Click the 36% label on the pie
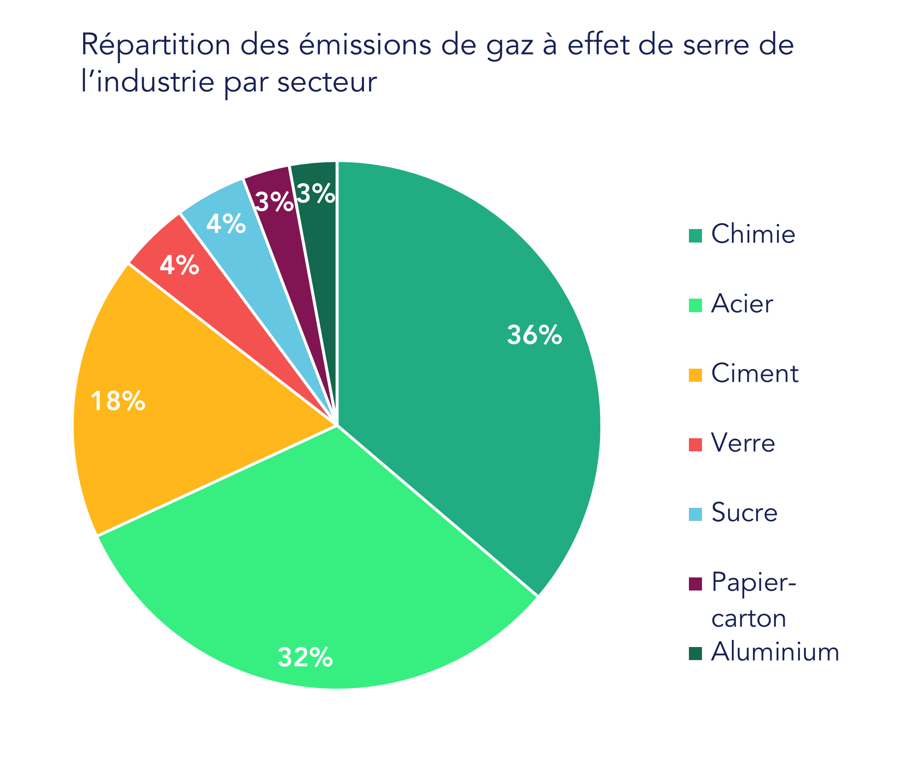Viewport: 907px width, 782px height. tap(534, 336)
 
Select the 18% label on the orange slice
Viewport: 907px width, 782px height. tap(118, 401)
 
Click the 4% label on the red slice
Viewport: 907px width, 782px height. tap(179, 265)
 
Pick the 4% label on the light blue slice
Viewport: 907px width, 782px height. tap(225, 224)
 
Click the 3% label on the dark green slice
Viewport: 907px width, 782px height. tap(316, 194)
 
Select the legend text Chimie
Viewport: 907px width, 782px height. tap(753, 235)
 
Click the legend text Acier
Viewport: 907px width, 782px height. tap(742, 304)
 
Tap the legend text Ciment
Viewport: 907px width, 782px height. tap(755, 374)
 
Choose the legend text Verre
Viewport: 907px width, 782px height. tap(743, 444)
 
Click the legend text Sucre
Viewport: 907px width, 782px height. tap(744, 513)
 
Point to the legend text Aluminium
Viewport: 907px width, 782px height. tap(775, 653)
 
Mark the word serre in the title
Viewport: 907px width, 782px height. tap(696, 46)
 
